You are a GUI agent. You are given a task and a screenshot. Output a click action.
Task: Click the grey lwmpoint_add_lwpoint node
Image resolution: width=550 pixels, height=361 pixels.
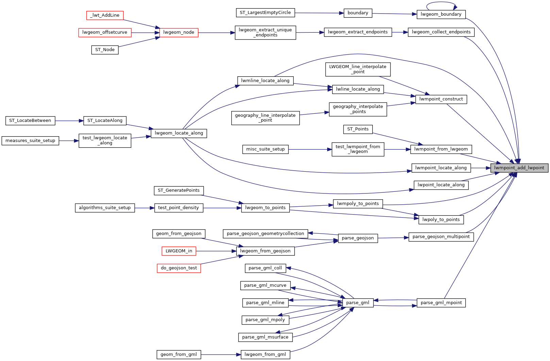519,168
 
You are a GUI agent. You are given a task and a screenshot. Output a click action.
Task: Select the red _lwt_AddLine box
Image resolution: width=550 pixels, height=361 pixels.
105,15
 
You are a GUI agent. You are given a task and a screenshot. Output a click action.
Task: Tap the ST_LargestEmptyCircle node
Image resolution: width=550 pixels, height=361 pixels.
265,13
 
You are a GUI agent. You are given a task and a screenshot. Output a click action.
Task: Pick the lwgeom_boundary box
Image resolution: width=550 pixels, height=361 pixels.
441,14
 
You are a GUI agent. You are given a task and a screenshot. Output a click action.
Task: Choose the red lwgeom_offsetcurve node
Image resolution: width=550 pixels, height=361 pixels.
105,32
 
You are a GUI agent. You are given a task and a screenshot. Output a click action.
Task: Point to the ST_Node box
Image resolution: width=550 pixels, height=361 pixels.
105,50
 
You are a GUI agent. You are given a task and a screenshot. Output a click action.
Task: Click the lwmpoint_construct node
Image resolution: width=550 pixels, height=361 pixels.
441,99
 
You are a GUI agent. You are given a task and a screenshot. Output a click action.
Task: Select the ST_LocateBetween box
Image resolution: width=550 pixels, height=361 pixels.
30,121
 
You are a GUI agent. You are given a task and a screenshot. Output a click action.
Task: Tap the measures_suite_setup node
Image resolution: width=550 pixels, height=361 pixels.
30,141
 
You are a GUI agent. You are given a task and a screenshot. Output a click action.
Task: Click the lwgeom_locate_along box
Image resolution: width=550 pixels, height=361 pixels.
179,133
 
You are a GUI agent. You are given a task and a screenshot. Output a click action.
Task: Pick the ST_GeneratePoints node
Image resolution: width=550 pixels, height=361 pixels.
179,190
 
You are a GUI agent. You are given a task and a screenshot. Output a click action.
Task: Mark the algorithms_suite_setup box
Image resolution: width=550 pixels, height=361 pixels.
105,208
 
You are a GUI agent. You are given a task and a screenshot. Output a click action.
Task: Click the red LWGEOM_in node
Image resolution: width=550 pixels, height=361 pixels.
179,251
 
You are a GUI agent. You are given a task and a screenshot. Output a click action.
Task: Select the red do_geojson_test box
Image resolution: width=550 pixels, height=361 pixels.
179,268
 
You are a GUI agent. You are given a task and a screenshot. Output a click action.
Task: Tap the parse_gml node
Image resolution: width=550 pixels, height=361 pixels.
358,303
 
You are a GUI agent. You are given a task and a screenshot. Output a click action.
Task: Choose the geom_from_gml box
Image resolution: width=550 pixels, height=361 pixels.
179,355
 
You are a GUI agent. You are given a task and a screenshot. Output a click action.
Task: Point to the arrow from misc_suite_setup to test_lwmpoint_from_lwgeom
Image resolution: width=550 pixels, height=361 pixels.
310,149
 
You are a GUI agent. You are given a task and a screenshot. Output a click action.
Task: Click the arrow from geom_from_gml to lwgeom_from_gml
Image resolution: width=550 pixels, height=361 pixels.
221,355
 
